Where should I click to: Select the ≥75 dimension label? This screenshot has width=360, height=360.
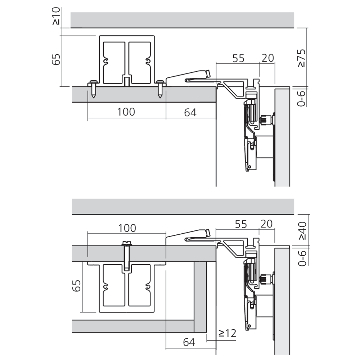[x=302, y=58]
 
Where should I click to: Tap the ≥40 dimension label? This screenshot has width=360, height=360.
[x=302, y=230]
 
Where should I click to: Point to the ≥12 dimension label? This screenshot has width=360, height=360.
[x=227, y=333]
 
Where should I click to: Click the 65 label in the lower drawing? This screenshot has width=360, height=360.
[x=77, y=287]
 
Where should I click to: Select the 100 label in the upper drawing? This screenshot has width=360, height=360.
[x=126, y=112]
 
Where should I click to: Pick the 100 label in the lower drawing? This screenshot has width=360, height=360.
[x=127, y=228]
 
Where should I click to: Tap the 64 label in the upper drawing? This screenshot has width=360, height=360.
[x=190, y=112]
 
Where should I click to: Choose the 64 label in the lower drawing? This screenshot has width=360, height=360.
[x=189, y=342]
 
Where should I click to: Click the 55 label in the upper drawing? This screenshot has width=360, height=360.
[x=238, y=58]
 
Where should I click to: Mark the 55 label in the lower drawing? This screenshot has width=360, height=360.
[x=240, y=224]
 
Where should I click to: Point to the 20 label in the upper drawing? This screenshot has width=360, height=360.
[x=267, y=58]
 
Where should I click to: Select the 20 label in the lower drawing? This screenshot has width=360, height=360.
[x=267, y=224]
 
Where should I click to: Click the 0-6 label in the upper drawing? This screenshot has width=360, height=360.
[x=302, y=98]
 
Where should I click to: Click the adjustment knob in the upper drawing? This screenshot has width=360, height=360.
[x=266, y=120]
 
